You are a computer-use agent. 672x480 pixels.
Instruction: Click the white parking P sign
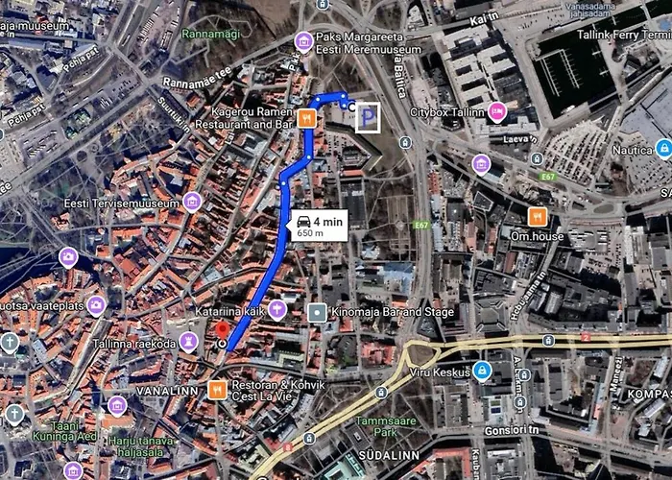[368, 118]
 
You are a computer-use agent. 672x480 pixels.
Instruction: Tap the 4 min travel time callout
[318, 227]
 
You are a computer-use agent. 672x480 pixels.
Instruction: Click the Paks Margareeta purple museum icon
[303, 40]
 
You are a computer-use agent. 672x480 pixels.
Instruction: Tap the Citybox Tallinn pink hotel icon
[496, 111]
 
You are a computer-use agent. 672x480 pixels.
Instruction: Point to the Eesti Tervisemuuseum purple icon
[192, 202]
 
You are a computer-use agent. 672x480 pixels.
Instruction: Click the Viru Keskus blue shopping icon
[482, 370]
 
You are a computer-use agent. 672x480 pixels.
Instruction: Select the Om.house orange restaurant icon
[538, 216]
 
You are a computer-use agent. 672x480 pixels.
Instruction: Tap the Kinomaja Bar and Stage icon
[318, 312]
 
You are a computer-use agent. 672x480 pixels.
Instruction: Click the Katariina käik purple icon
[277, 309]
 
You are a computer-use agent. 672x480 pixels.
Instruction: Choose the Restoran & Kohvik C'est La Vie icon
[217, 390]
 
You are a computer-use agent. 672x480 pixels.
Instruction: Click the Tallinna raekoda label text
[140, 343]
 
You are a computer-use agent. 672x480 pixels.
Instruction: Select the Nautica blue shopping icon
[662, 148]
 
